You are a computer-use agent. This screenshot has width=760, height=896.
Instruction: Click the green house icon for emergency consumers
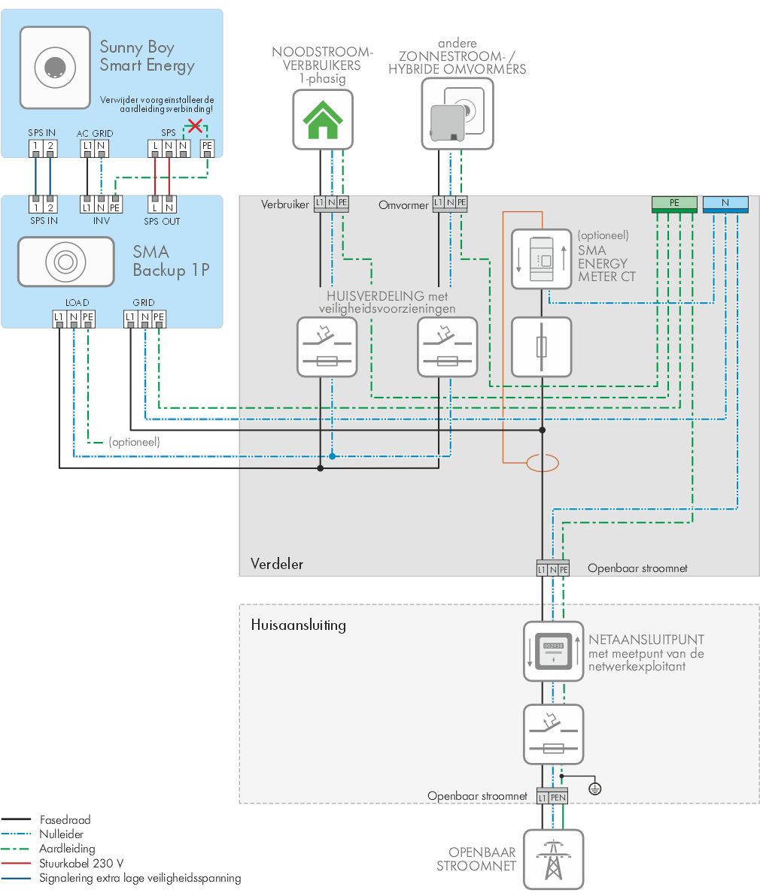(x=322, y=119)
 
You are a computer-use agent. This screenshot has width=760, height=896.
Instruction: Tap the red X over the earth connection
(x=196, y=125)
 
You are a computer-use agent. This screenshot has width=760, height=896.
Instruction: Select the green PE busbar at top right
(x=674, y=203)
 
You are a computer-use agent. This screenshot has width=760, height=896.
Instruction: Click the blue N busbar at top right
(x=725, y=203)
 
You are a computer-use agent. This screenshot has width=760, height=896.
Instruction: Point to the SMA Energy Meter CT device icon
(x=541, y=259)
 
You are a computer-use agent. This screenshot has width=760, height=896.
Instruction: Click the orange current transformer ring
(x=542, y=463)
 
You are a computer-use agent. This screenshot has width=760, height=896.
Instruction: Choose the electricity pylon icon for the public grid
(x=553, y=858)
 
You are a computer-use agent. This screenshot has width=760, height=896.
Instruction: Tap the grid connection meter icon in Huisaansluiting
(x=553, y=651)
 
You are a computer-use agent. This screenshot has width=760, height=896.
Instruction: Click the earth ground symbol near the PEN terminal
(x=594, y=789)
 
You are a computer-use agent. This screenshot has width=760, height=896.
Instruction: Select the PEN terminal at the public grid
(x=558, y=797)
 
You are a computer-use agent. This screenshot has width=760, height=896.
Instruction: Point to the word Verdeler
(x=276, y=564)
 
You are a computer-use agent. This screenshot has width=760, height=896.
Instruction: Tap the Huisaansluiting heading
(x=298, y=625)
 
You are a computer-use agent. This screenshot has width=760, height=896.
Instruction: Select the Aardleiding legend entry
(x=66, y=849)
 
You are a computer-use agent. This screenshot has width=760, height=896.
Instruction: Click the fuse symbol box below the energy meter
(x=541, y=347)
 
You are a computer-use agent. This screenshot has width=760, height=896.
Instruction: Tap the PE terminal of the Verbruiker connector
(x=343, y=203)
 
